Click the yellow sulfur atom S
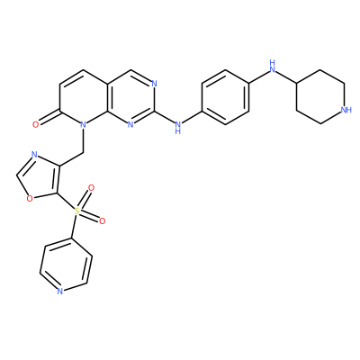[x=77, y=211]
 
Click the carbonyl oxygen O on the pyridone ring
[x=36, y=124]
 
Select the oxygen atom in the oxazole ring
[x=29, y=198]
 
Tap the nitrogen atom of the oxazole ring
[x=34, y=155]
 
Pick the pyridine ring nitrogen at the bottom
[x=60, y=291]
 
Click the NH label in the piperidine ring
[x=346, y=110]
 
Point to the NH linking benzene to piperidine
[x=273, y=67]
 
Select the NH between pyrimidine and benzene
[x=177, y=127]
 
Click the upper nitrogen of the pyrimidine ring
[x=154, y=84]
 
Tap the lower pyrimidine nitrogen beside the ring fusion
[x=130, y=124]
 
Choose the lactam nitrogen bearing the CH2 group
[x=84, y=124]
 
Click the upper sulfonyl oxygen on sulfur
[x=91, y=188]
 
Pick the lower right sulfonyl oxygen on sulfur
[x=103, y=221]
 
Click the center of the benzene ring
[x=225, y=97]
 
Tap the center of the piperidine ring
[x=320, y=97]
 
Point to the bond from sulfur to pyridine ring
[x=75, y=227]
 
